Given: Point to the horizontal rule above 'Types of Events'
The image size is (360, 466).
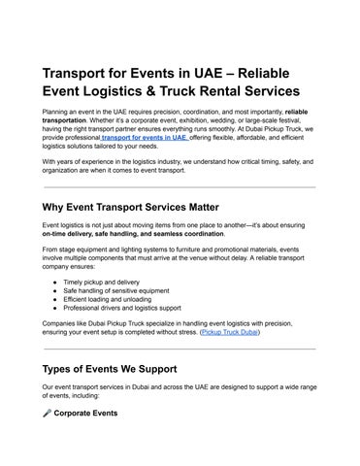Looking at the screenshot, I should [180, 349].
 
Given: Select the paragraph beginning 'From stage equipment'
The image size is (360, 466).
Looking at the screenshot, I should [175, 258].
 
